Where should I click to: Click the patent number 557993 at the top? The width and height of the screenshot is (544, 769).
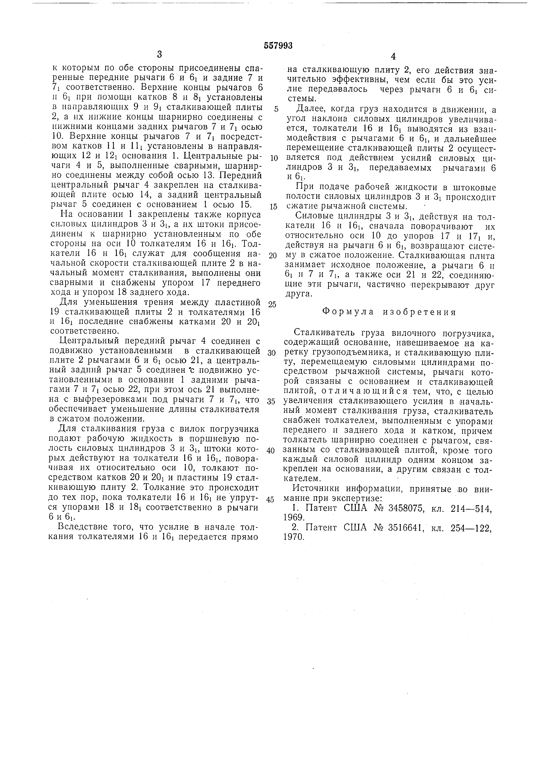(x=278, y=46)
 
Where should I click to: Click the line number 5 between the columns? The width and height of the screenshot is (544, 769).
(x=276, y=109)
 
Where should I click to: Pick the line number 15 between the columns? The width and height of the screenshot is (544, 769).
(x=274, y=207)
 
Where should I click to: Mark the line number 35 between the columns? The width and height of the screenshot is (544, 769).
(x=271, y=401)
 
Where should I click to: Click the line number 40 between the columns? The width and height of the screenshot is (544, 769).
(x=271, y=450)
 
